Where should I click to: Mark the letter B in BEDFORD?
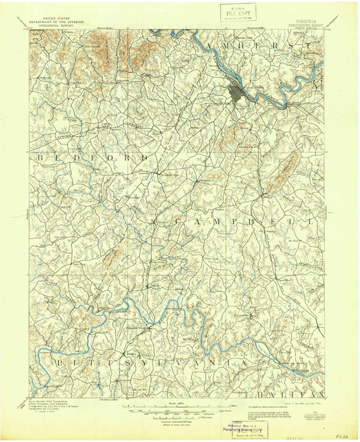point(41,157)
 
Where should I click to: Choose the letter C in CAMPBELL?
point(180,221)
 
